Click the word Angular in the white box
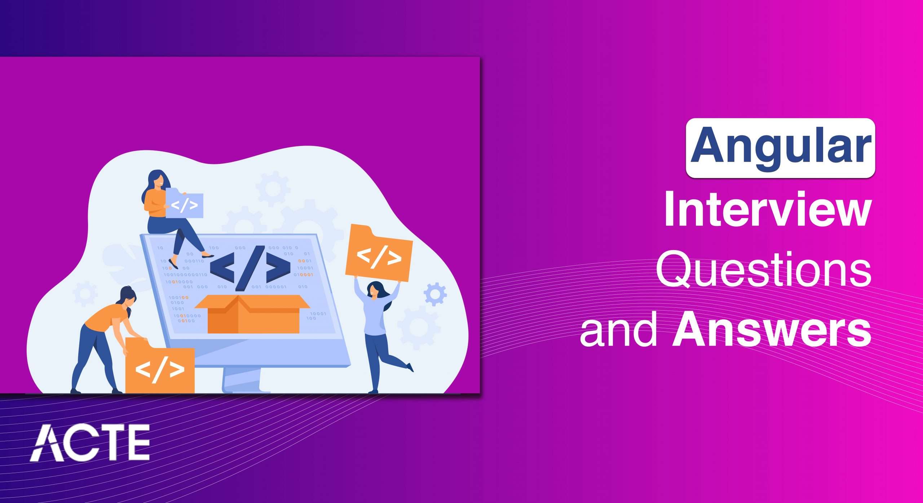coord(780,148)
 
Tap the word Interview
coord(768,209)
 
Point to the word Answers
coord(772,330)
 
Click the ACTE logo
coord(90,442)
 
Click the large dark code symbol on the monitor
coord(250,268)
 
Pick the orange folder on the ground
coord(160,368)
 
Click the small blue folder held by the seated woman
coord(184,205)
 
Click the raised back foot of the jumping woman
coord(410,368)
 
